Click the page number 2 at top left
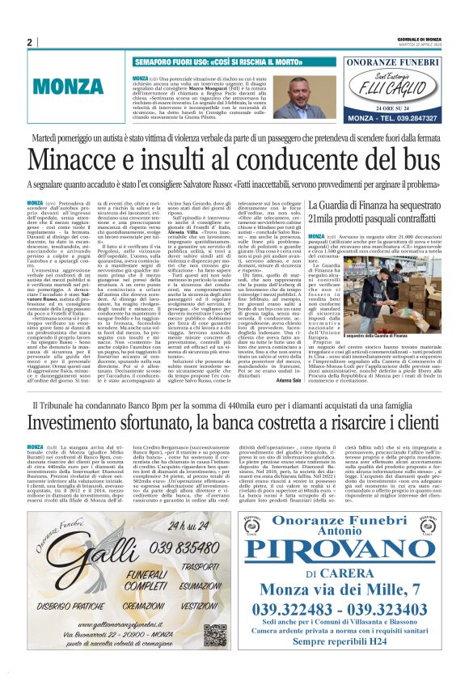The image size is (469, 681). [x=30, y=43]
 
